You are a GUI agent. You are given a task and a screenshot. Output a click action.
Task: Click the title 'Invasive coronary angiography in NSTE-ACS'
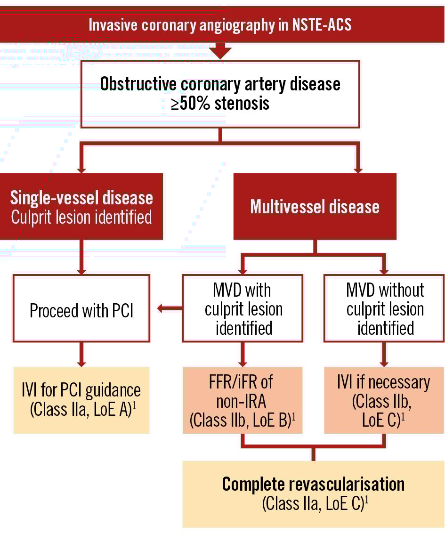[x=220, y=24]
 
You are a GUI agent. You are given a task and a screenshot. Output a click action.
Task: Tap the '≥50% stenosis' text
[x=220, y=103]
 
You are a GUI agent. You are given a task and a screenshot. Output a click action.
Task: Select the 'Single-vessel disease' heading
[x=81, y=197]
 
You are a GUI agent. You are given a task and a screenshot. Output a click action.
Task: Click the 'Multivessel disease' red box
[x=315, y=207]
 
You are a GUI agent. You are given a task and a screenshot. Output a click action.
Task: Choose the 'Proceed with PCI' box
[x=81, y=311]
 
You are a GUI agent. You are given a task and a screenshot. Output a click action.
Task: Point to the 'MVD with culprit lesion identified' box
[x=243, y=308]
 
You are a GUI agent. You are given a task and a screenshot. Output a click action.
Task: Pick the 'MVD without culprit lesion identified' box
[x=384, y=308]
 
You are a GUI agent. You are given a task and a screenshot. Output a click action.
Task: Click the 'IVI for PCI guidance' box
[x=81, y=400]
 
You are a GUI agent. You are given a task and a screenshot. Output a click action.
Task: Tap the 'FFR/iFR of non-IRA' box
[x=243, y=400]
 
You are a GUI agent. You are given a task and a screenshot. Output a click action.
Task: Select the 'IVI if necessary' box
[x=384, y=400]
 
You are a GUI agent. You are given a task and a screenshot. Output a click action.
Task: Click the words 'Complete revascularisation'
[x=313, y=484]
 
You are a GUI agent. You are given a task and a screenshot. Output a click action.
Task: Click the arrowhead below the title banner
[x=220, y=51]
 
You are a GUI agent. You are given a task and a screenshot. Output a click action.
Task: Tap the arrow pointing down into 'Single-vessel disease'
[x=81, y=168]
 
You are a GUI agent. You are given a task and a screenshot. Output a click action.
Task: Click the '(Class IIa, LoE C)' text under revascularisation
[x=313, y=503]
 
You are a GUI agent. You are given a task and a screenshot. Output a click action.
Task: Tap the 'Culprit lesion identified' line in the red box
[x=81, y=217]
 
